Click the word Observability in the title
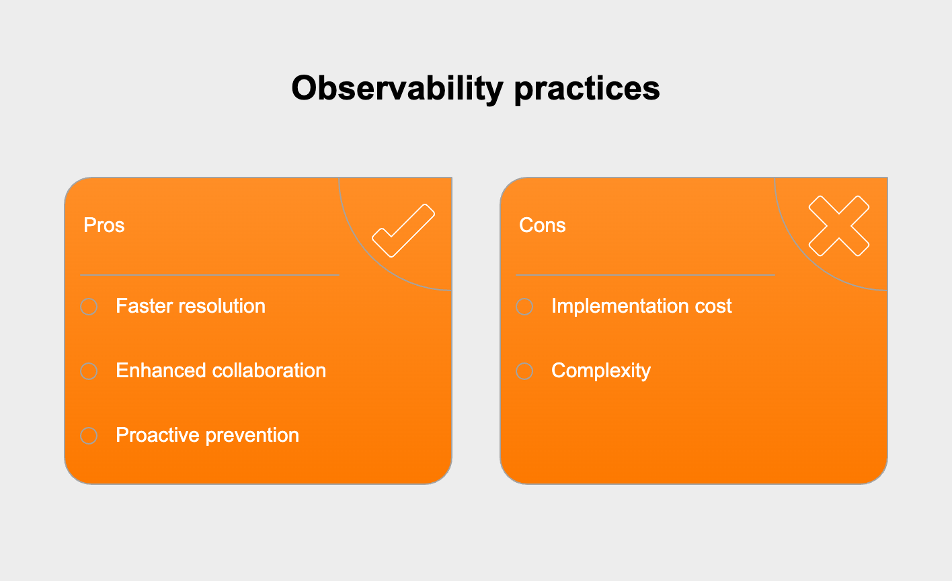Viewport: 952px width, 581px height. pos(397,88)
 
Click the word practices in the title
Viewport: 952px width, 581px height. pos(586,88)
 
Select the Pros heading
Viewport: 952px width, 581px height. pos(104,225)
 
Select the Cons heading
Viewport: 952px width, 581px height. pos(543,225)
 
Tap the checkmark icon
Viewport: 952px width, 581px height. pos(403,230)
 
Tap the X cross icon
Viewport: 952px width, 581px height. pos(839,226)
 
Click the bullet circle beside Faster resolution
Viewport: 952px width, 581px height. pos(89,307)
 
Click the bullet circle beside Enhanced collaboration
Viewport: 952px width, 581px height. pos(89,371)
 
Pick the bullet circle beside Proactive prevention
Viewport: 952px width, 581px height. pos(89,436)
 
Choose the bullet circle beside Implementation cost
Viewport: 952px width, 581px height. pos(524,307)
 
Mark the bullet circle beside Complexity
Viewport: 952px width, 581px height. pos(524,371)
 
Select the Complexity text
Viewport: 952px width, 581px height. pos(601,371)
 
